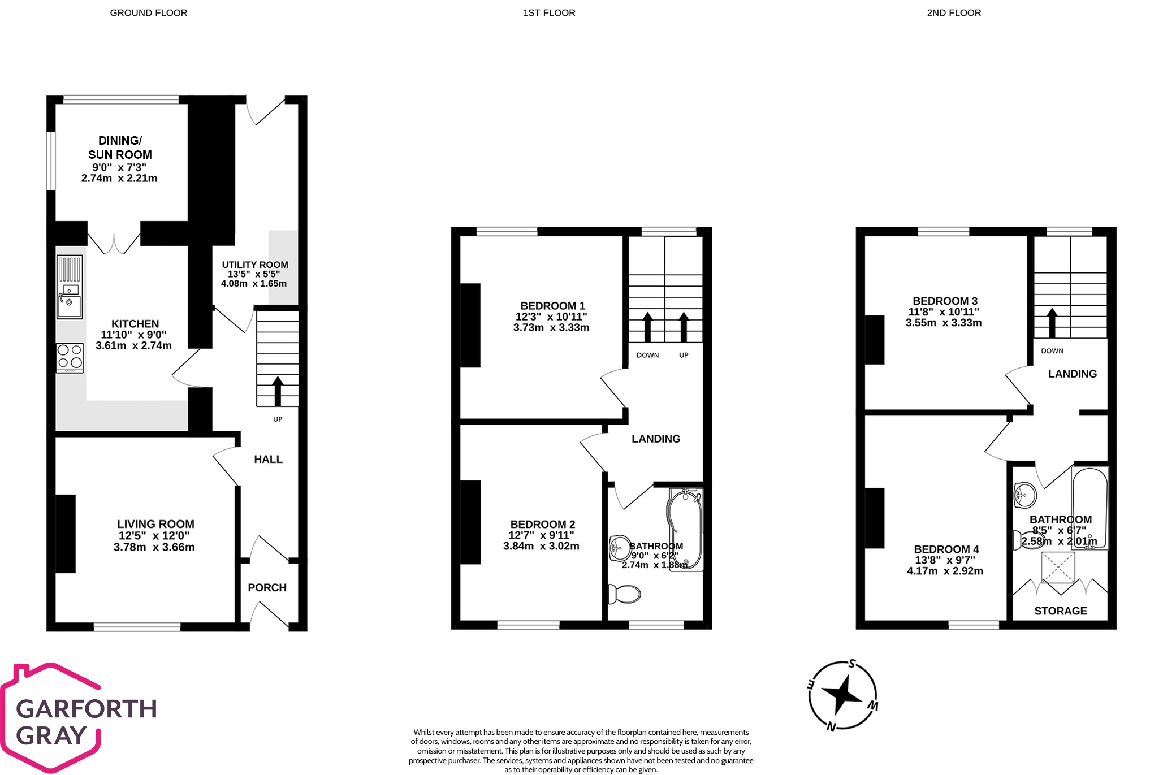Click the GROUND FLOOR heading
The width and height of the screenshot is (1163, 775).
[x=148, y=13]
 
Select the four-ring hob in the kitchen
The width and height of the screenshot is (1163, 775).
[x=70, y=357]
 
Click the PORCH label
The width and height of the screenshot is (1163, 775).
[x=267, y=587]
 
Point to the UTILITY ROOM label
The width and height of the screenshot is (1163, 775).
[x=254, y=265]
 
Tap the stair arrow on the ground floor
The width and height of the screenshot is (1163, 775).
[x=278, y=391]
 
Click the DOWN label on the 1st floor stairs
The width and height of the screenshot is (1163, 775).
[x=647, y=355]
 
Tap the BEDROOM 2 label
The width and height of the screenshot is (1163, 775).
[x=542, y=524]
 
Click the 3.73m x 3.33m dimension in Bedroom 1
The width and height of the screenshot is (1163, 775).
[x=551, y=327]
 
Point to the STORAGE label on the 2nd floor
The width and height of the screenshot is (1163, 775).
[x=1060, y=611]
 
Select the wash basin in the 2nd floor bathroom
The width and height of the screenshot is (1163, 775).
[x=1024, y=495]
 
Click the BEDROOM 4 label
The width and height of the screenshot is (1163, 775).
[x=946, y=549]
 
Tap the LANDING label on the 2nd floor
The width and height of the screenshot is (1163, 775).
[x=1072, y=374]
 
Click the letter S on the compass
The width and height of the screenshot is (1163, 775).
[x=852, y=664]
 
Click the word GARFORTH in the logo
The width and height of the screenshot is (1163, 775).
[x=86, y=709]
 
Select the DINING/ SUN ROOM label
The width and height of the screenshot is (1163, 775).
[x=120, y=148]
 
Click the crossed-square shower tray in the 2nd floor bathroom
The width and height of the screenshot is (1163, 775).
[x=1057, y=568]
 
